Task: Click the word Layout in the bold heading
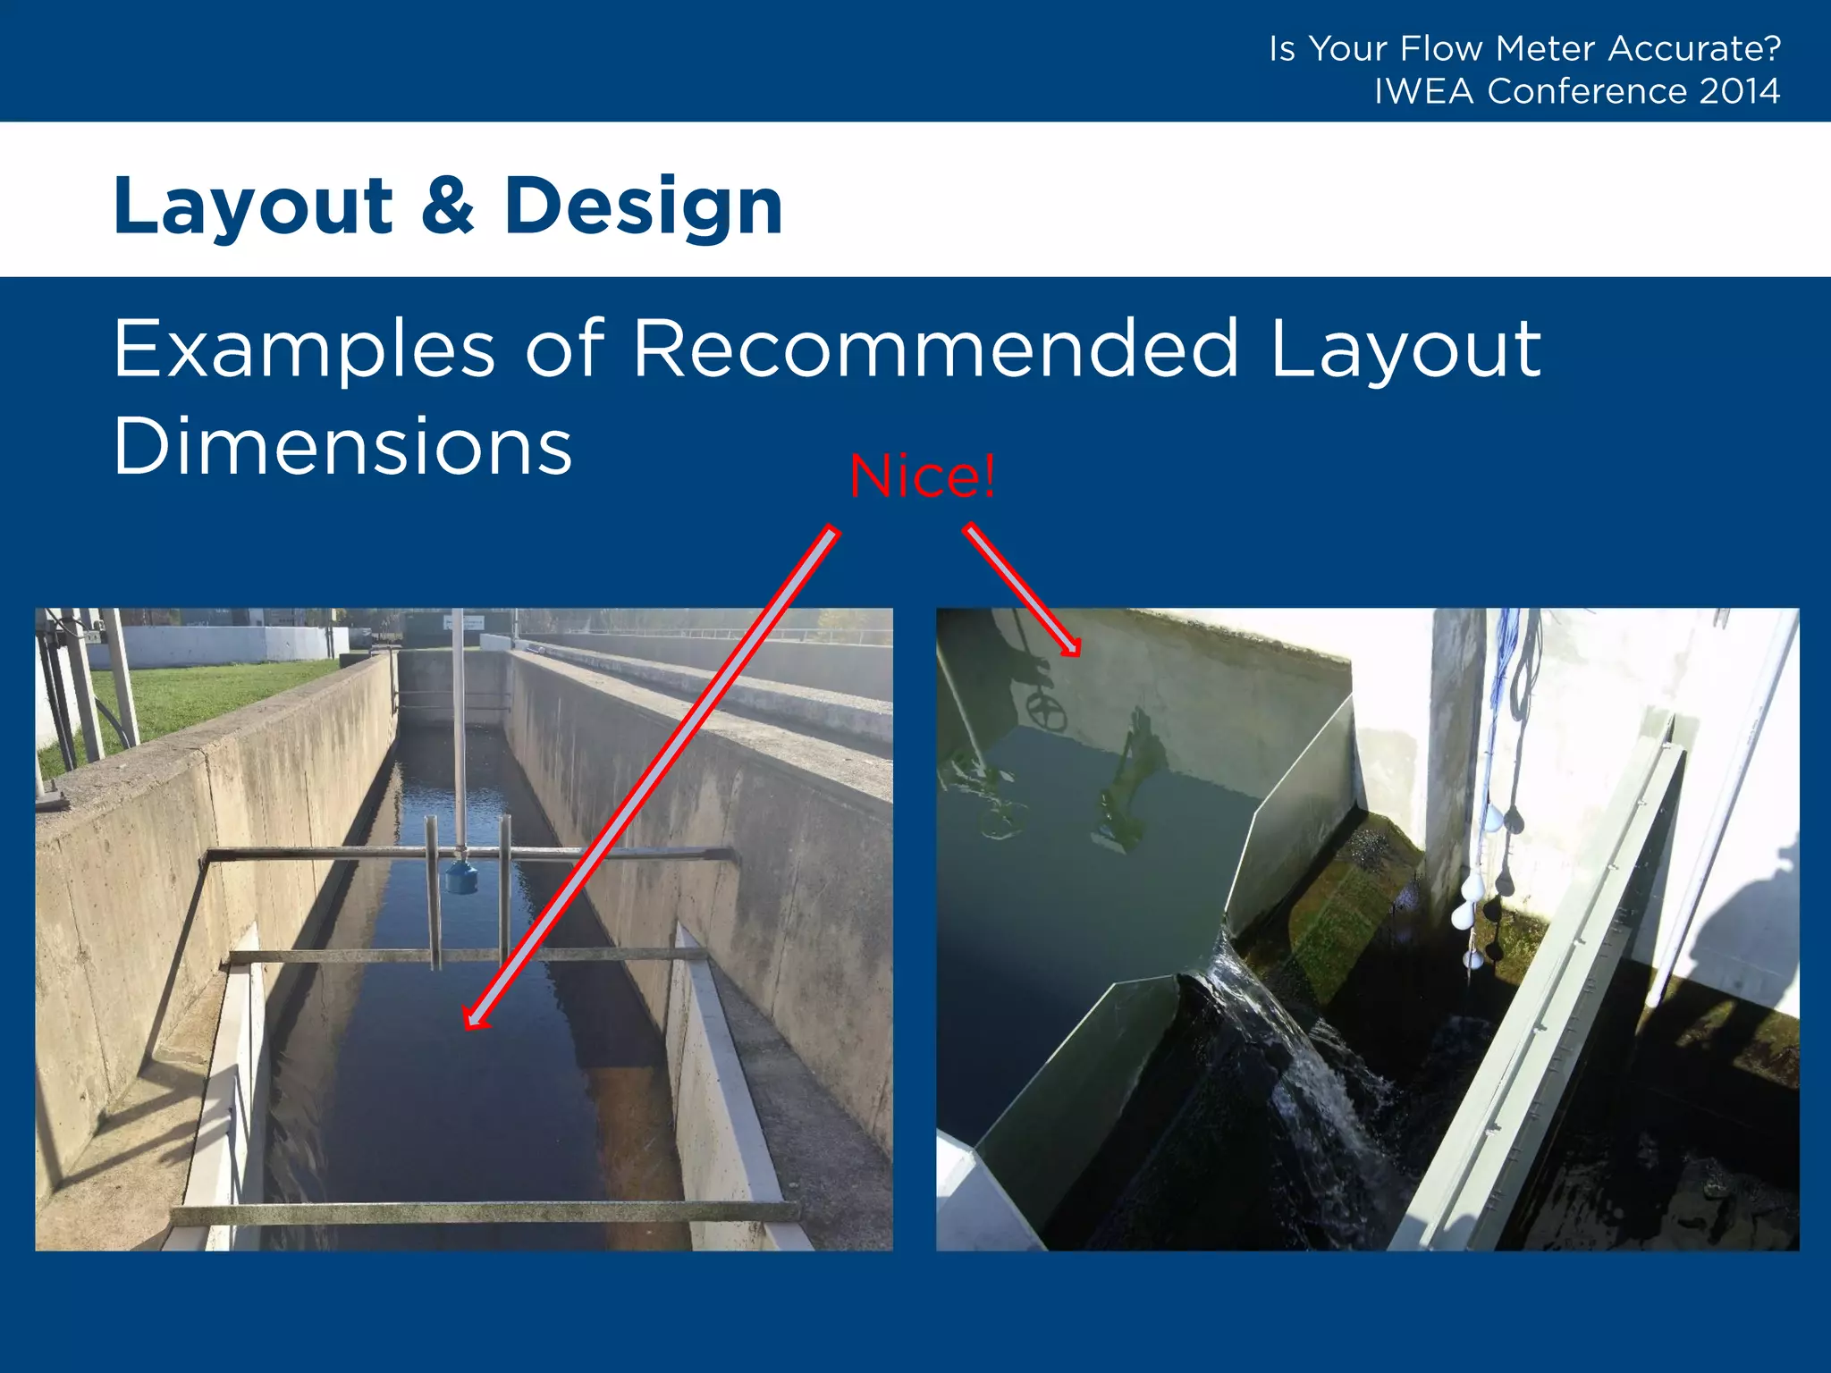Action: pyautogui.click(x=253, y=207)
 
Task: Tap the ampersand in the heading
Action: pyautogui.click(x=448, y=206)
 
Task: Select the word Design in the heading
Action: pyautogui.click(x=644, y=207)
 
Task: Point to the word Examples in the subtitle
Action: pyautogui.click(x=304, y=350)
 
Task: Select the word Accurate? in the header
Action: pyautogui.click(x=1694, y=48)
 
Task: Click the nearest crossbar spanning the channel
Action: pyautogui.click(x=483, y=1213)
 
